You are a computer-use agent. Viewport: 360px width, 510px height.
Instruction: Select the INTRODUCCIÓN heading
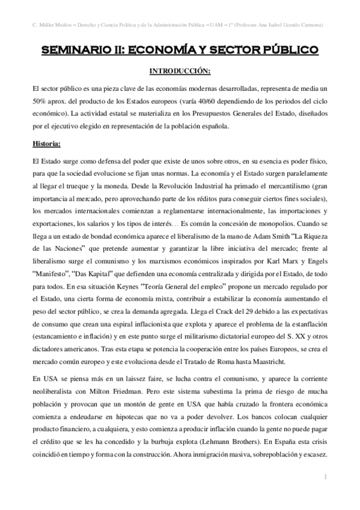coord(180,72)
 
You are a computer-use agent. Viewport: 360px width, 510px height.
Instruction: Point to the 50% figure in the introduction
coord(41,100)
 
